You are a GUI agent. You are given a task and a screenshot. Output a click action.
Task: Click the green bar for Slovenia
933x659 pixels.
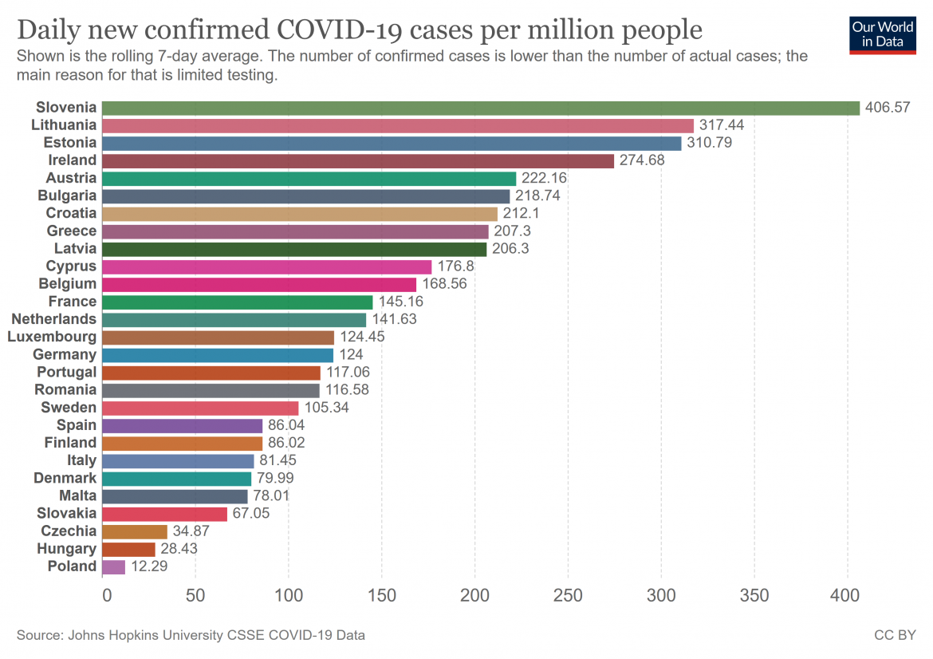click(481, 108)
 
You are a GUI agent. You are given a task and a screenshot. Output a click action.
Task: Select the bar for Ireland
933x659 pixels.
click(358, 160)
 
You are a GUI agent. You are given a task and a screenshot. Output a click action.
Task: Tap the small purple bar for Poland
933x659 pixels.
click(114, 566)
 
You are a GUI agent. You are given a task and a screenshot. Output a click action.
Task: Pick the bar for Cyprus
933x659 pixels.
click(267, 266)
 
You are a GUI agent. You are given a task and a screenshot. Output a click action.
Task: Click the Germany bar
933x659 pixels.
click(218, 354)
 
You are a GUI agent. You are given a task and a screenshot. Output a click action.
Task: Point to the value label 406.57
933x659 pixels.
click(888, 108)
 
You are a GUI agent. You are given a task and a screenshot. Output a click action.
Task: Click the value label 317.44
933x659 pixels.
click(722, 125)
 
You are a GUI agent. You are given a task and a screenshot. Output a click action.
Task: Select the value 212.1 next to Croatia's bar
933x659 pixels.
click(522, 213)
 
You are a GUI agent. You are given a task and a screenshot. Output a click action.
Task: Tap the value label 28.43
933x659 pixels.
click(179, 549)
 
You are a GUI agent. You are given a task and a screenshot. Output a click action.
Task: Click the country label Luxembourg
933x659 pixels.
click(52, 337)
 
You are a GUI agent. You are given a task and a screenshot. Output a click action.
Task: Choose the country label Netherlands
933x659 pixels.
click(54, 319)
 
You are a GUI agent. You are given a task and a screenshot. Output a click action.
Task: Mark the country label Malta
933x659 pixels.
click(77, 495)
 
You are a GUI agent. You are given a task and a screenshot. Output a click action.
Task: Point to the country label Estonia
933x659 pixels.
click(69, 143)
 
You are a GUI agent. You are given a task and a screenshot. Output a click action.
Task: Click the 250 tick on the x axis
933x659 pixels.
click(568, 595)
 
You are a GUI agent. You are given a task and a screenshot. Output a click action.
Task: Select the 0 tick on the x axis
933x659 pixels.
click(107, 595)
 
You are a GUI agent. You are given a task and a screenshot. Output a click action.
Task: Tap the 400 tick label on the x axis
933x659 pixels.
click(844, 595)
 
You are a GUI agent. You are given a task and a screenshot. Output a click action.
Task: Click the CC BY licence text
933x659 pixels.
click(895, 636)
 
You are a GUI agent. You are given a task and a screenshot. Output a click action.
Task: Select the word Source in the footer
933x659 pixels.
click(39, 636)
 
